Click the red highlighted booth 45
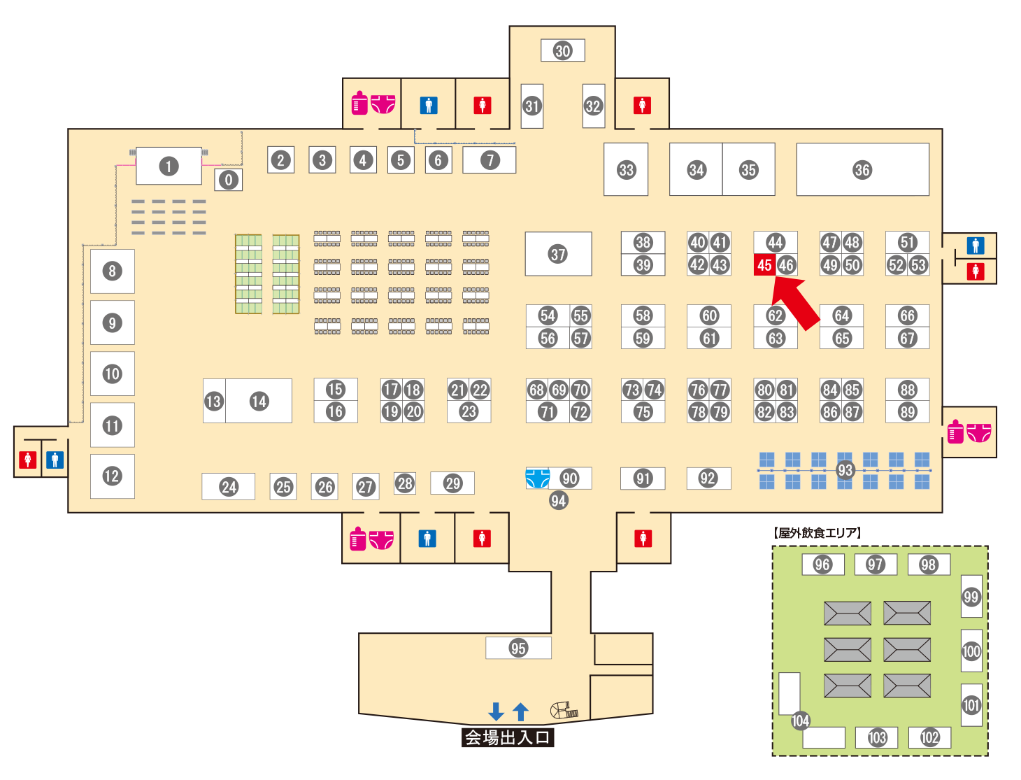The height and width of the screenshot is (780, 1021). click(x=764, y=265)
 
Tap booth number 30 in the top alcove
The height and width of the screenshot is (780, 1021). click(x=563, y=50)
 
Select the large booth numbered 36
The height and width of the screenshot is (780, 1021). click(x=862, y=169)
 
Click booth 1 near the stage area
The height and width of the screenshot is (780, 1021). click(x=169, y=166)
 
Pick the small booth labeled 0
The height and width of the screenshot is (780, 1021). click(x=228, y=180)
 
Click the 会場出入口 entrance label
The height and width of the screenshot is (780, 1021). click(x=508, y=737)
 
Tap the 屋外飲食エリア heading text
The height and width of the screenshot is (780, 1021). click(x=817, y=533)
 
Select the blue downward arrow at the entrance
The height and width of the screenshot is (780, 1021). click(x=496, y=711)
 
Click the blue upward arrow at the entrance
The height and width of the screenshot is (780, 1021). click(x=520, y=711)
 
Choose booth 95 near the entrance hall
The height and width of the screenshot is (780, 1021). click(x=518, y=648)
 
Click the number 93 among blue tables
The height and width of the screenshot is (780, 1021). click(x=845, y=470)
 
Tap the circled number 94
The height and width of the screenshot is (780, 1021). click(x=558, y=500)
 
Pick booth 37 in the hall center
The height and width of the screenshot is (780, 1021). click(x=558, y=254)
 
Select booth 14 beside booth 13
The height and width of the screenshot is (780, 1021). click(x=259, y=401)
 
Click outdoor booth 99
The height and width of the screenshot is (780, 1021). click(x=971, y=596)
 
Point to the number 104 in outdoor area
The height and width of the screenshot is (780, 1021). click(x=800, y=721)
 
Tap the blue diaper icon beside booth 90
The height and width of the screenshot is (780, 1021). click(x=537, y=478)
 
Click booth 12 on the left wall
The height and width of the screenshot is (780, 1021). click(x=112, y=476)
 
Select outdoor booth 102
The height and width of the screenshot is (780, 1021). click(x=929, y=737)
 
